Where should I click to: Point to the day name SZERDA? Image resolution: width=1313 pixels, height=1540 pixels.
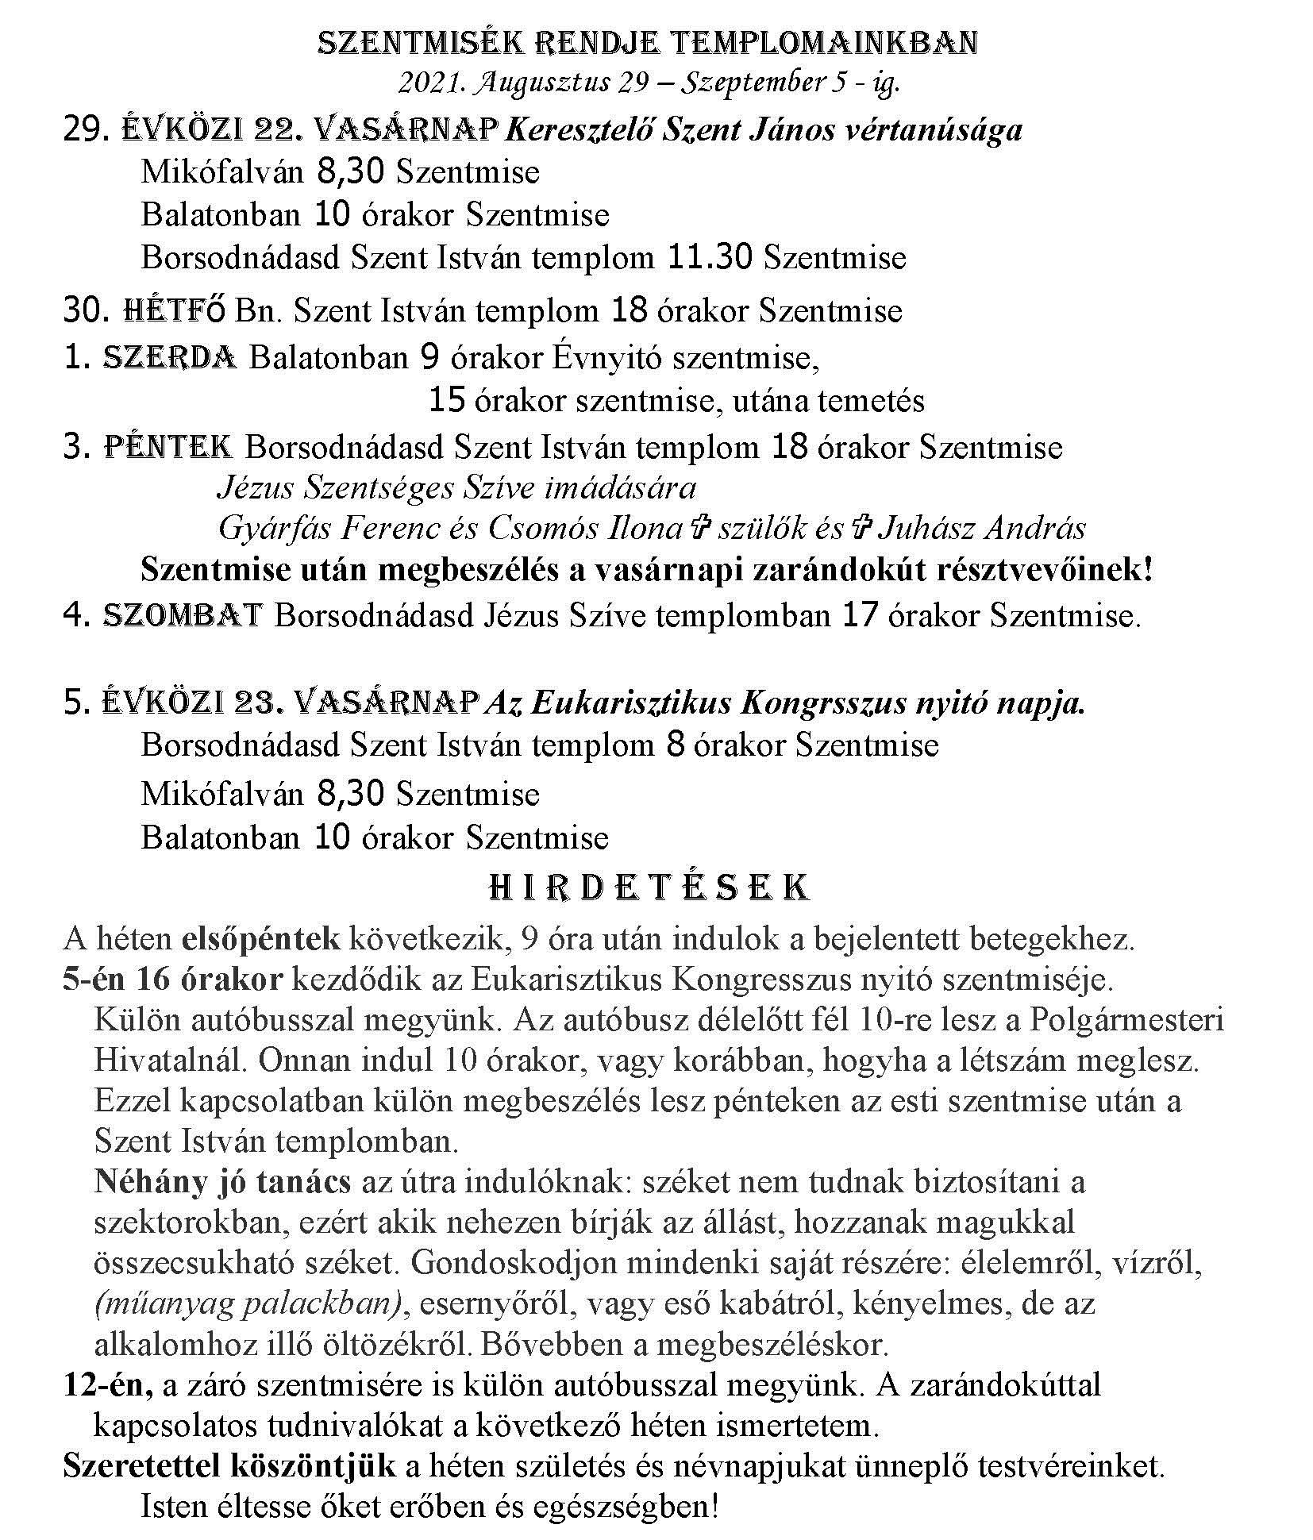coord(170,358)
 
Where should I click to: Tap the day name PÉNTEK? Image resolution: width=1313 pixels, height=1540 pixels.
coord(168,448)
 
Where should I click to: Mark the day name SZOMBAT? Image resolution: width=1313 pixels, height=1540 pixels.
coord(183,616)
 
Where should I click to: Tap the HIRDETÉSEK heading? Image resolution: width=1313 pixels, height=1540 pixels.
coord(649,887)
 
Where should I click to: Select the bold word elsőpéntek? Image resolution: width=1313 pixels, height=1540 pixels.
coord(261,939)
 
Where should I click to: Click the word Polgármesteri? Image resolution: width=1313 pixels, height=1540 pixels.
coord(1126,1020)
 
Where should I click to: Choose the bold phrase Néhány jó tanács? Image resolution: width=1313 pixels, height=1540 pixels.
coord(222,1182)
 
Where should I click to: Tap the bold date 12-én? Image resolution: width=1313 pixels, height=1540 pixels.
coord(109,1385)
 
